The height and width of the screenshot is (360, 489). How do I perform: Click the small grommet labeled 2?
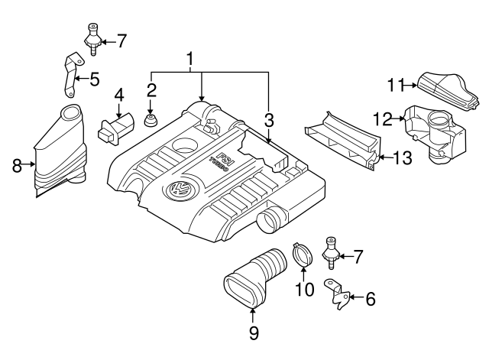[151, 121]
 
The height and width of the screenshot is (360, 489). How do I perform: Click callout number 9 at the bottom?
[254, 332]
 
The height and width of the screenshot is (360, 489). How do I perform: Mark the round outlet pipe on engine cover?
[270, 222]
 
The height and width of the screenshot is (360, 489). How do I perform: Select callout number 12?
[383, 118]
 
